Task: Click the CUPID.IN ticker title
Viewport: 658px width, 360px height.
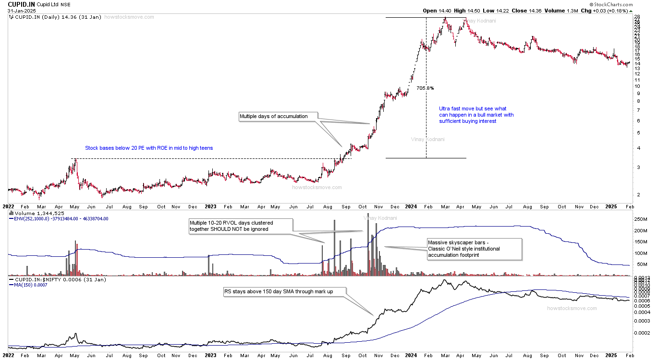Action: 21,4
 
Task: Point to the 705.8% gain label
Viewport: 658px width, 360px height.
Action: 426,88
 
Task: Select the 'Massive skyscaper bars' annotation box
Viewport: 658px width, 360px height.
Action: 474,249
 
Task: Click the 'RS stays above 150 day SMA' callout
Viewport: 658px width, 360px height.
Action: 285,291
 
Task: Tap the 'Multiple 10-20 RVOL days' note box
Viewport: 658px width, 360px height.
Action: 240,226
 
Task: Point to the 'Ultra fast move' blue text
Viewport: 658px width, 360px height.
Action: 476,115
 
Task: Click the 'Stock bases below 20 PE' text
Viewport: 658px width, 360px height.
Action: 149,148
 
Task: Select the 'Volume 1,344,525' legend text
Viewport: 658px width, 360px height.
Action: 40,213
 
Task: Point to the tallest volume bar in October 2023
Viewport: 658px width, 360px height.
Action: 368,214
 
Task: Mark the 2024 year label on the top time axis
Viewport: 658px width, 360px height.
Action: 411,206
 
